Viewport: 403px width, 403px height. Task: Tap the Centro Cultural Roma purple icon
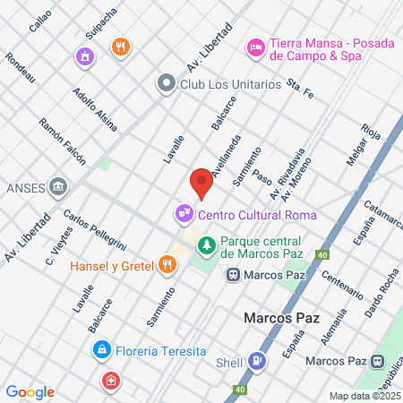pyautogui.click(x=184, y=214)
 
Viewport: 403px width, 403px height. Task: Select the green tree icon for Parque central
pyautogui.click(x=207, y=244)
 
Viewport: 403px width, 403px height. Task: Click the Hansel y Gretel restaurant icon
pyautogui.click(x=167, y=264)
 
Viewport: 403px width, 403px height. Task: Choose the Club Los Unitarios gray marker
pyautogui.click(x=165, y=84)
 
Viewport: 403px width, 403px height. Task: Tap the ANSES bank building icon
pyautogui.click(x=59, y=186)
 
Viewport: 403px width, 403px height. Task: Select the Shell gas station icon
pyautogui.click(x=258, y=362)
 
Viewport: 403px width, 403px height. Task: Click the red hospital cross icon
pyautogui.click(x=110, y=381)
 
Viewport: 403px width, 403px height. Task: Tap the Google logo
pyautogui.click(x=30, y=392)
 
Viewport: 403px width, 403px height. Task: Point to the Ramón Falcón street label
pyautogui.click(x=62, y=141)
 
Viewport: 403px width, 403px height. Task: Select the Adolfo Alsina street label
pyautogui.click(x=95, y=109)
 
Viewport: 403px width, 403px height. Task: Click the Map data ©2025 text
pyautogui.click(x=364, y=396)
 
